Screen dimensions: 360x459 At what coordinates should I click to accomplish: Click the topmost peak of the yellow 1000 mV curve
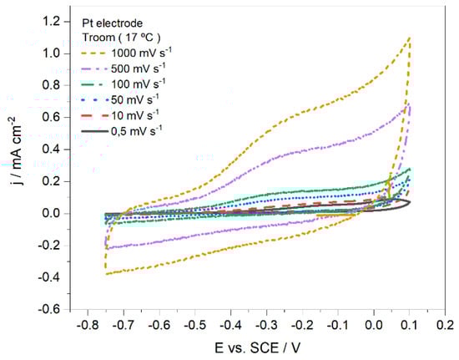[410, 38]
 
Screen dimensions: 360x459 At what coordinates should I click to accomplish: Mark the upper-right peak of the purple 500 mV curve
[409, 104]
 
